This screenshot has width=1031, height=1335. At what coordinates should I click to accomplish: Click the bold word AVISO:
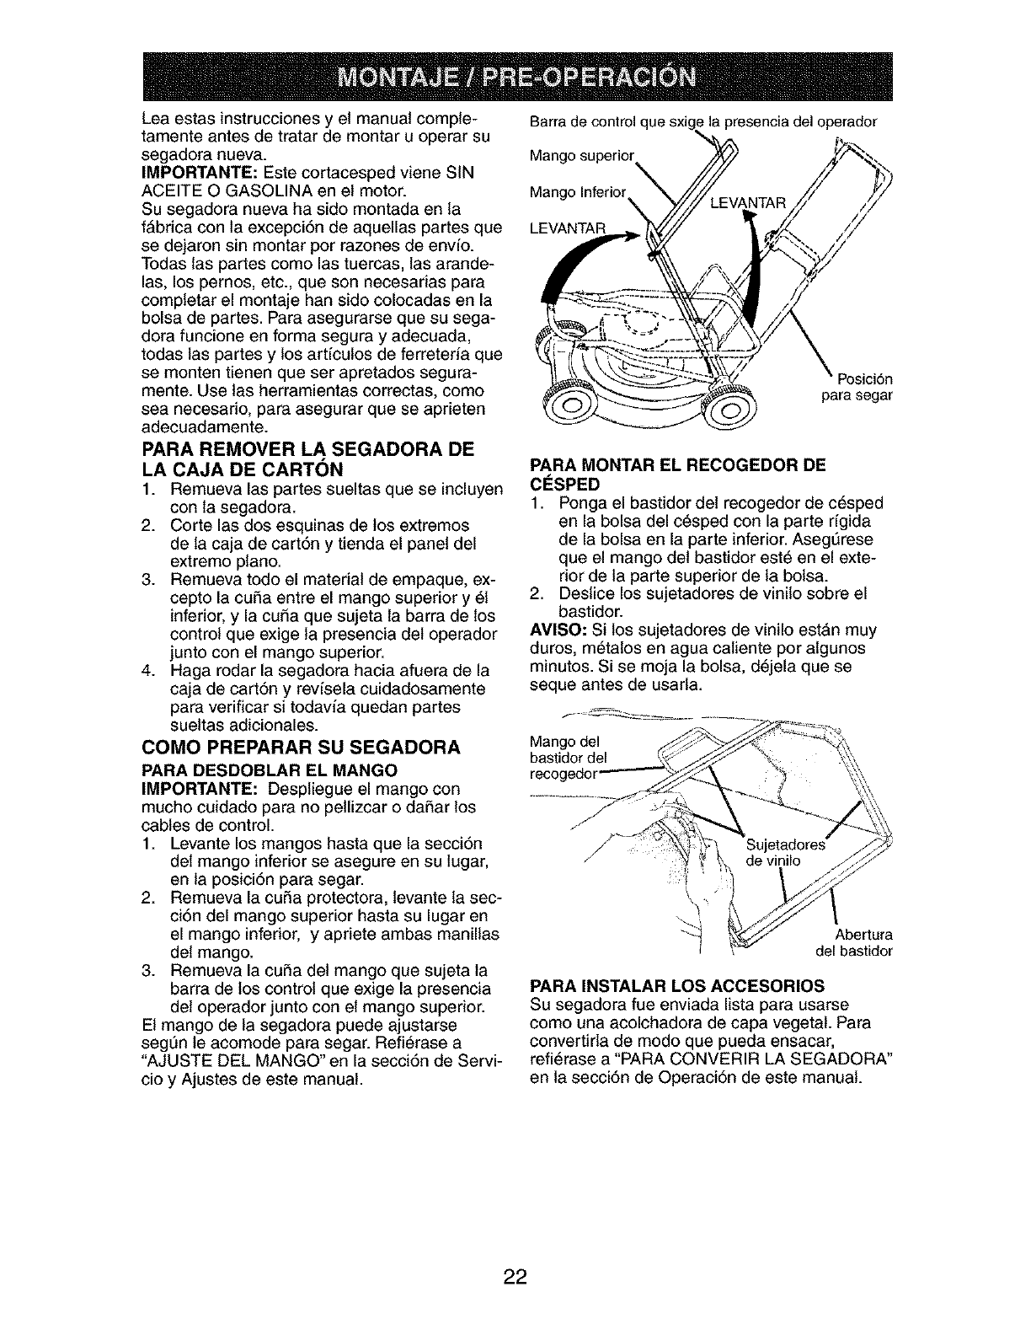[x=555, y=630]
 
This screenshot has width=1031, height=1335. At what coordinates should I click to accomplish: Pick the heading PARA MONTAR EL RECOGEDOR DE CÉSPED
[x=676, y=474]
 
